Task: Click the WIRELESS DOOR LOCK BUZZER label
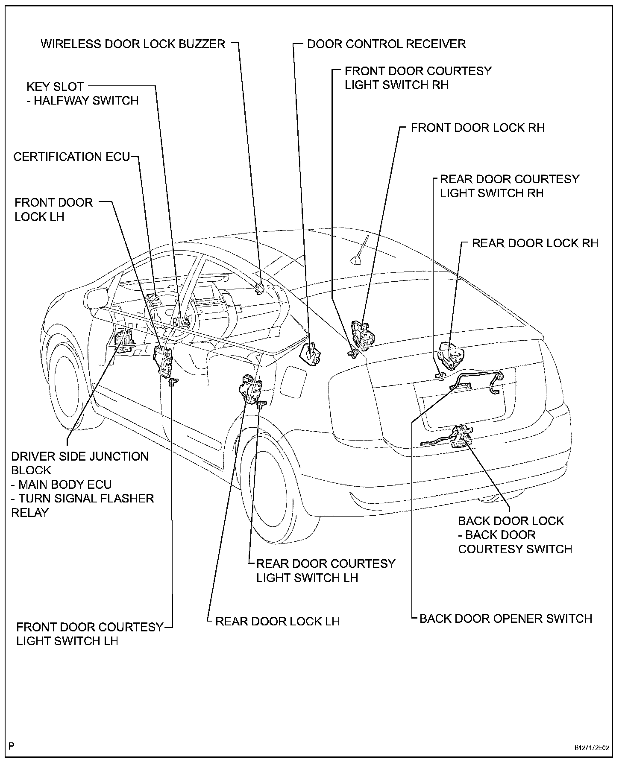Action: (132, 44)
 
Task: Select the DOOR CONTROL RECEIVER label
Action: (386, 44)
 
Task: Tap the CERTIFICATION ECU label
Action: (71, 157)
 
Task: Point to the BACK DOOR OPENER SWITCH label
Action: (506, 619)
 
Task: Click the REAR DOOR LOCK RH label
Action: (535, 243)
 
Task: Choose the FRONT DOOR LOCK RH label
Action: (478, 128)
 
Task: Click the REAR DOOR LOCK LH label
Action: (277, 621)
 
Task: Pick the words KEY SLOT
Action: (55, 87)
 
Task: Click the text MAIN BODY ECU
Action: (65, 485)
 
